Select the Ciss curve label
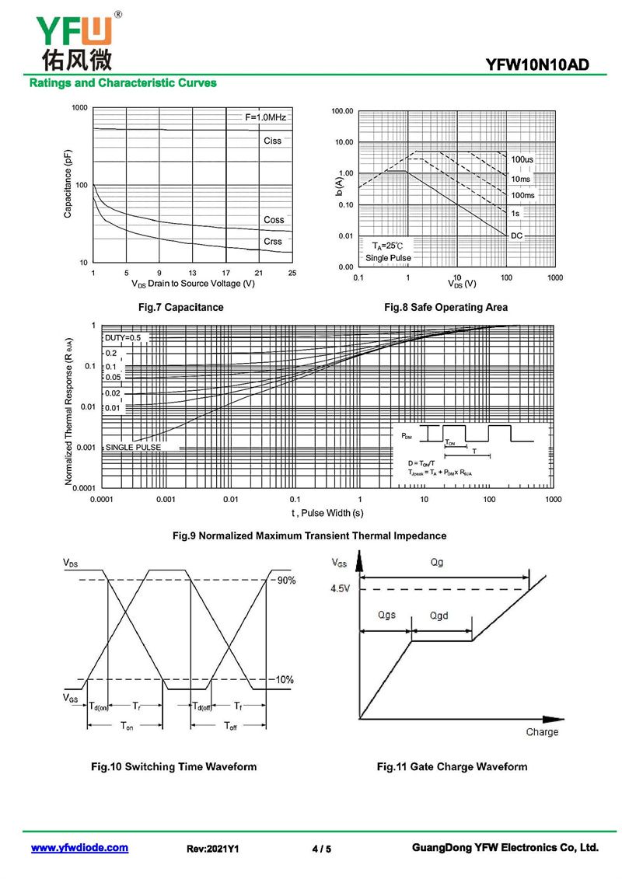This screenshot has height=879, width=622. [272, 141]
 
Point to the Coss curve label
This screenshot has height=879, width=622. [274, 220]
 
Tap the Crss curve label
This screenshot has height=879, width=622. [273, 242]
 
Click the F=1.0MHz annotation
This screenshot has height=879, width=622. [266, 117]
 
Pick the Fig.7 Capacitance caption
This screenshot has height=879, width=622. [180, 308]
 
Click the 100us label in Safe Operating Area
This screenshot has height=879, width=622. [522, 159]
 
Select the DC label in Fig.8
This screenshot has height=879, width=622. [517, 235]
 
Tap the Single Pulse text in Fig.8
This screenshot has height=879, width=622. [388, 258]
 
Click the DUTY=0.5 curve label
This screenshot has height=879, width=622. [124, 338]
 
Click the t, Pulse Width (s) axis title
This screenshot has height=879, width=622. [327, 514]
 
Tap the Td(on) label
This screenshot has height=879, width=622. [99, 706]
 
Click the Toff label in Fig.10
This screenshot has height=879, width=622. [231, 726]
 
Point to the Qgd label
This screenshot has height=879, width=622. [439, 616]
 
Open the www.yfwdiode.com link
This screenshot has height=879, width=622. [79, 848]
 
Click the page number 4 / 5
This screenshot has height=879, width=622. [321, 849]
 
